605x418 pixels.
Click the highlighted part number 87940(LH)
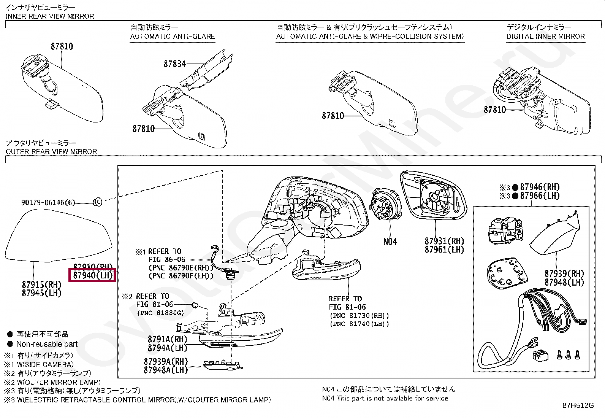click(92, 275)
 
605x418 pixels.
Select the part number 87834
click(175, 64)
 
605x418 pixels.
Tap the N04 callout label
click(390, 241)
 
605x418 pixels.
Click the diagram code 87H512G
click(578, 405)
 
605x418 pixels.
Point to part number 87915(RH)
click(41, 284)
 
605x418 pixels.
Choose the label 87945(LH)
click(41, 293)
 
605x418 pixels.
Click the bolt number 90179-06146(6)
click(48, 202)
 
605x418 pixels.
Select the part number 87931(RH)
click(444, 241)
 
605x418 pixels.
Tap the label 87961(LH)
click(444, 250)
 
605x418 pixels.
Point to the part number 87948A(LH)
click(166, 370)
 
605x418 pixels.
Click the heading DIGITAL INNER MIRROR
click(545, 37)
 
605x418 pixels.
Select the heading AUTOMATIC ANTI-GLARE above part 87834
click(173, 37)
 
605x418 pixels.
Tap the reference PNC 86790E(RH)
click(179, 267)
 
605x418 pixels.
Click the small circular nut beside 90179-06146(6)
click(97, 202)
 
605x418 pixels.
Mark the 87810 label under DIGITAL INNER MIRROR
click(495, 110)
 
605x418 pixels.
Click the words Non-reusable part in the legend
click(47, 344)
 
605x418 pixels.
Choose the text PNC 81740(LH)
click(359, 324)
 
